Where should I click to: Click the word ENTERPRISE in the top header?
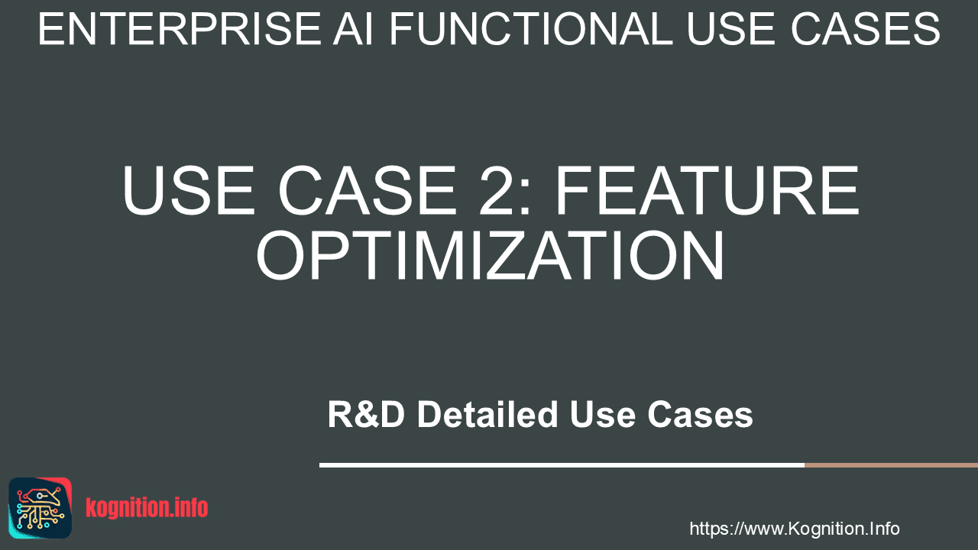pos(180,29)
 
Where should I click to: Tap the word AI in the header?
pos(353,29)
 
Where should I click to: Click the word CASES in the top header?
pos(866,29)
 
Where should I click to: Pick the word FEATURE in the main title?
pos(708,190)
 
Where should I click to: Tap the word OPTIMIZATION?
pos(490,255)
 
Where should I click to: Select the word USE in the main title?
pos(188,190)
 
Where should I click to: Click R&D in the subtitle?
pos(366,414)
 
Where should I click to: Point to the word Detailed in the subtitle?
pos(487,414)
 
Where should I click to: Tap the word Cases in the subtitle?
pos(700,414)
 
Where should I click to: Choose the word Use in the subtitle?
pos(603,414)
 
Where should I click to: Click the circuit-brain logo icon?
pos(40,508)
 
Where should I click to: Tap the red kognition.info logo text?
pos(147,508)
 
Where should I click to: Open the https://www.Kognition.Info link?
pos(794,529)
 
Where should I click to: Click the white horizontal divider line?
pos(562,465)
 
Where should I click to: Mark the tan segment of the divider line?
pos(891,465)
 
